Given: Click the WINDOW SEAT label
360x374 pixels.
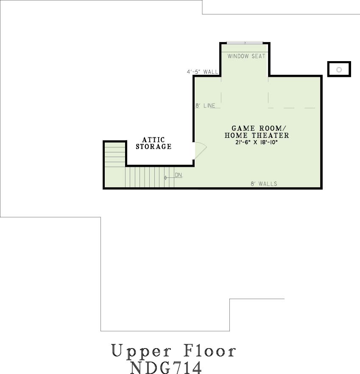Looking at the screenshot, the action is point(246,56).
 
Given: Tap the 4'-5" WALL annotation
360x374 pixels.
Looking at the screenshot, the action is point(202,72).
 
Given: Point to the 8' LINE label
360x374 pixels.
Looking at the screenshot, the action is point(205,105).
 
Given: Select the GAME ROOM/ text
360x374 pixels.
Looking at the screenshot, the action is point(257,128).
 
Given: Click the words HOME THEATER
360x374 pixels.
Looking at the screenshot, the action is point(257,135).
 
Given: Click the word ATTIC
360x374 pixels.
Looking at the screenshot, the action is point(153,140).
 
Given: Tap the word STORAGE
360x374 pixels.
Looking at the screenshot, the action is point(153,146).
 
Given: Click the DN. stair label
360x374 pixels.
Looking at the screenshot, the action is point(179,175).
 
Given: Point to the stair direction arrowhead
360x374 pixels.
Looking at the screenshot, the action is point(165,178).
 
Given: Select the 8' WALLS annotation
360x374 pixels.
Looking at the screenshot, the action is point(264,184).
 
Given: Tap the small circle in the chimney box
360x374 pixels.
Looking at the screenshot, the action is point(339,70).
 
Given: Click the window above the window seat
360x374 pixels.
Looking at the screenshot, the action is point(245,43).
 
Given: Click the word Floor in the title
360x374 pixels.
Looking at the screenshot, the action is point(209,350).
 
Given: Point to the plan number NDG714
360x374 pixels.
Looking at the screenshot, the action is point(166,368).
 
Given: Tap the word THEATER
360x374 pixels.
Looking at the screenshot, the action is point(271,135).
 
